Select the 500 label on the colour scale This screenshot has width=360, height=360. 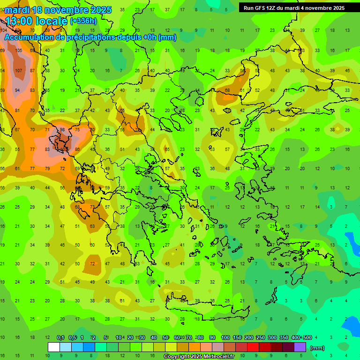click(307, 337)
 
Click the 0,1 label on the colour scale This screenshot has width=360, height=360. click(60, 337)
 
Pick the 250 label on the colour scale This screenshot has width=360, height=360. click(260, 337)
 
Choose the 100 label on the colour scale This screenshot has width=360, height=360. click(225, 337)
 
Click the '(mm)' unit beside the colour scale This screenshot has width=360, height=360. click(317, 348)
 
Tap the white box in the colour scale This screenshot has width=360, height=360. click(54, 347)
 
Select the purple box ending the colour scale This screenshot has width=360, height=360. click(300, 347)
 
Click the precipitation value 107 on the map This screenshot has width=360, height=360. click(19, 70)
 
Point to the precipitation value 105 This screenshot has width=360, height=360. click(19, 50)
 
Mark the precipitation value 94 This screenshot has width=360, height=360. click(18, 90)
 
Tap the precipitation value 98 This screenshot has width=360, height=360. click(62, 129)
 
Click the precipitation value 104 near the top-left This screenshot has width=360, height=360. click(4, 30)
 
